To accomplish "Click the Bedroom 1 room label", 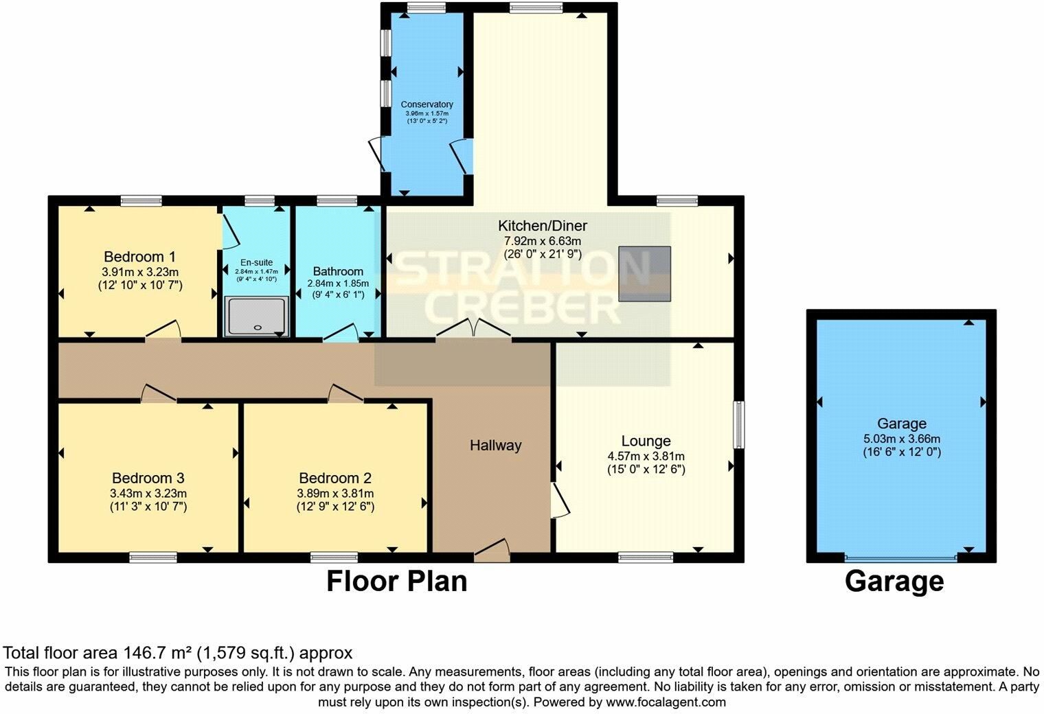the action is click(140, 257).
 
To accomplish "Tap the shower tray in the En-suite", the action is click(256, 316).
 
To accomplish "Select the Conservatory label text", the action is click(427, 104).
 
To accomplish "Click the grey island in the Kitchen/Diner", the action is click(644, 274).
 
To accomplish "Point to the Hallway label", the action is click(495, 446).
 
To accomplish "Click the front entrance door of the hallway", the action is click(492, 550).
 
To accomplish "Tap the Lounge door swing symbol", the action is click(560, 500).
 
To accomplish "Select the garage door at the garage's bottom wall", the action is click(901, 557).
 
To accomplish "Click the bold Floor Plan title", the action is click(396, 581).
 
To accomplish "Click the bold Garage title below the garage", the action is click(894, 582).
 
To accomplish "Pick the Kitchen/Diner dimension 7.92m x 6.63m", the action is click(543, 241).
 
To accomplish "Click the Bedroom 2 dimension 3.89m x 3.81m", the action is click(336, 493).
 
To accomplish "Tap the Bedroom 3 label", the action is click(148, 478).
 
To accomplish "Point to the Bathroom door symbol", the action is click(341, 332).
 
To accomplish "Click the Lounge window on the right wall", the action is click(739, 425).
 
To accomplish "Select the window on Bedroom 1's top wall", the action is click(141, 200).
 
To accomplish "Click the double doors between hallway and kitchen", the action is click(473, 329).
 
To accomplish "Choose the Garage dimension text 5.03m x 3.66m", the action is click(902, 439).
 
